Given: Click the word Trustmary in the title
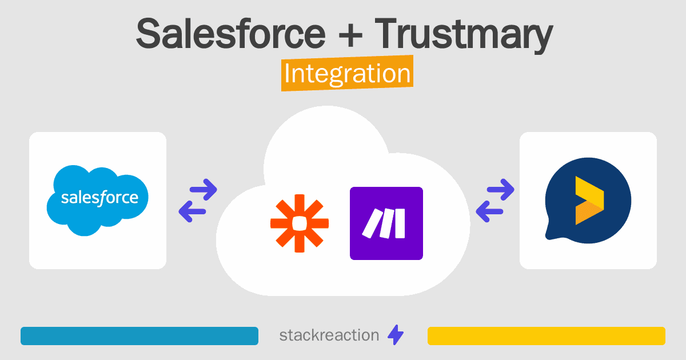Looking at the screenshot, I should click(464, 34).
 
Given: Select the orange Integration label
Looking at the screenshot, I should click(347, 74).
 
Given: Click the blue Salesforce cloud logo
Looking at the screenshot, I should click(98, 199).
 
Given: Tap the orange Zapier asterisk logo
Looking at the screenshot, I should click(300, 223).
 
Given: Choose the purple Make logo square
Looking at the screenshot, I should click(386, 223).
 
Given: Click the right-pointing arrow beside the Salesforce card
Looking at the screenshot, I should click(202, 189).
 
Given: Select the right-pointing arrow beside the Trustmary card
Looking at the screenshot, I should click(500, 189).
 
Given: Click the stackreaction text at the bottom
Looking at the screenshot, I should click(329, 335).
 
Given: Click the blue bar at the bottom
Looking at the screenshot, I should click(139, 336).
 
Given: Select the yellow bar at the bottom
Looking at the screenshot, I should click(547, 336).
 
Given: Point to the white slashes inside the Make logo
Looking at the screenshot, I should click(384, 223).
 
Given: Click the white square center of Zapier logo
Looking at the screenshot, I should click(300, 223).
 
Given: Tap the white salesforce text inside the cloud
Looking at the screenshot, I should click(99, 199).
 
